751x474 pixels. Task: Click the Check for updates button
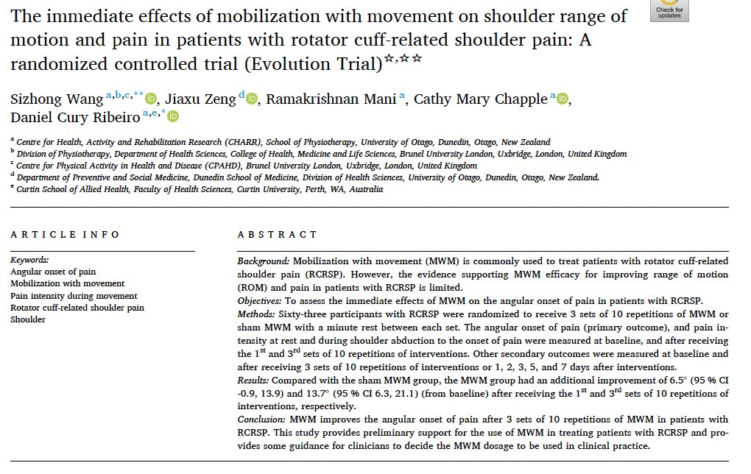pos(669,10)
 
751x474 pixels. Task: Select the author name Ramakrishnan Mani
pos(331,99)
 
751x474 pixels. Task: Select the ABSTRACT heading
pos(277,235)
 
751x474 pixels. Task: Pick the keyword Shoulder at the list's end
pos(28,319)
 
